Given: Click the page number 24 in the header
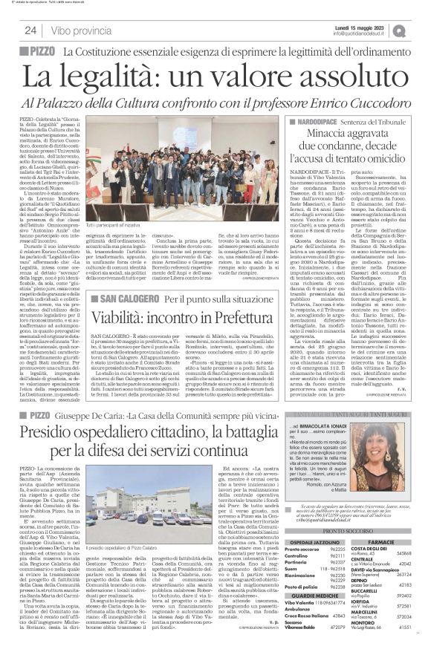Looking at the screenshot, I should (31, 30).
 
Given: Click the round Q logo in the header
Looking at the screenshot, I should (421, 30).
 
